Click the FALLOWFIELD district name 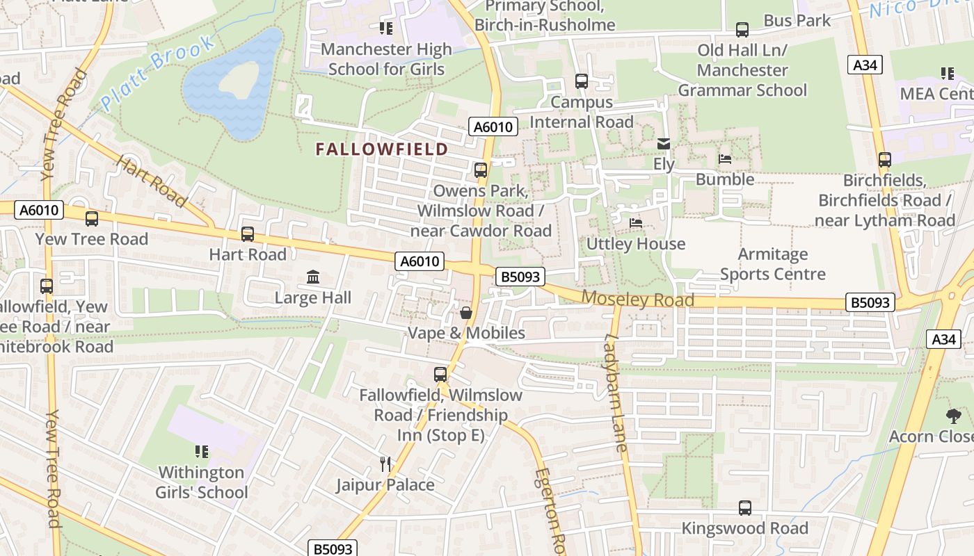click(382, 149)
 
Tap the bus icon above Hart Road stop click(248, 234)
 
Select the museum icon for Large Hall click(313, 278)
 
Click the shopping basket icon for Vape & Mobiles click(466, 313)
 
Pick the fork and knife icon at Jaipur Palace click(385, 464)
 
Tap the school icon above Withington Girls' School click(202, 452)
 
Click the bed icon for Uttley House click(635, 223)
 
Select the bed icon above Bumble click(725, 159)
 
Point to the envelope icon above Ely click(664, 144)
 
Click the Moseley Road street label click(637, 300)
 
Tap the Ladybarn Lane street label click(616, 393)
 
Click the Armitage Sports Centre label click(773, 264)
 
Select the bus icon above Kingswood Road click(744, 508)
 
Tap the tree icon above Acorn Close click(953, 416)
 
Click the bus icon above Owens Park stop click(480, 170)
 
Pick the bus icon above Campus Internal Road click(582, 81)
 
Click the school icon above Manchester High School click(386, 28)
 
